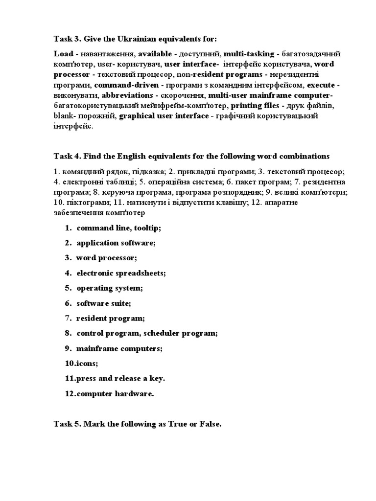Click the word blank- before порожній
click(64, 116)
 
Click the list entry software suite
click(104, 303)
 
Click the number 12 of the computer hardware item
click(70, 394)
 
